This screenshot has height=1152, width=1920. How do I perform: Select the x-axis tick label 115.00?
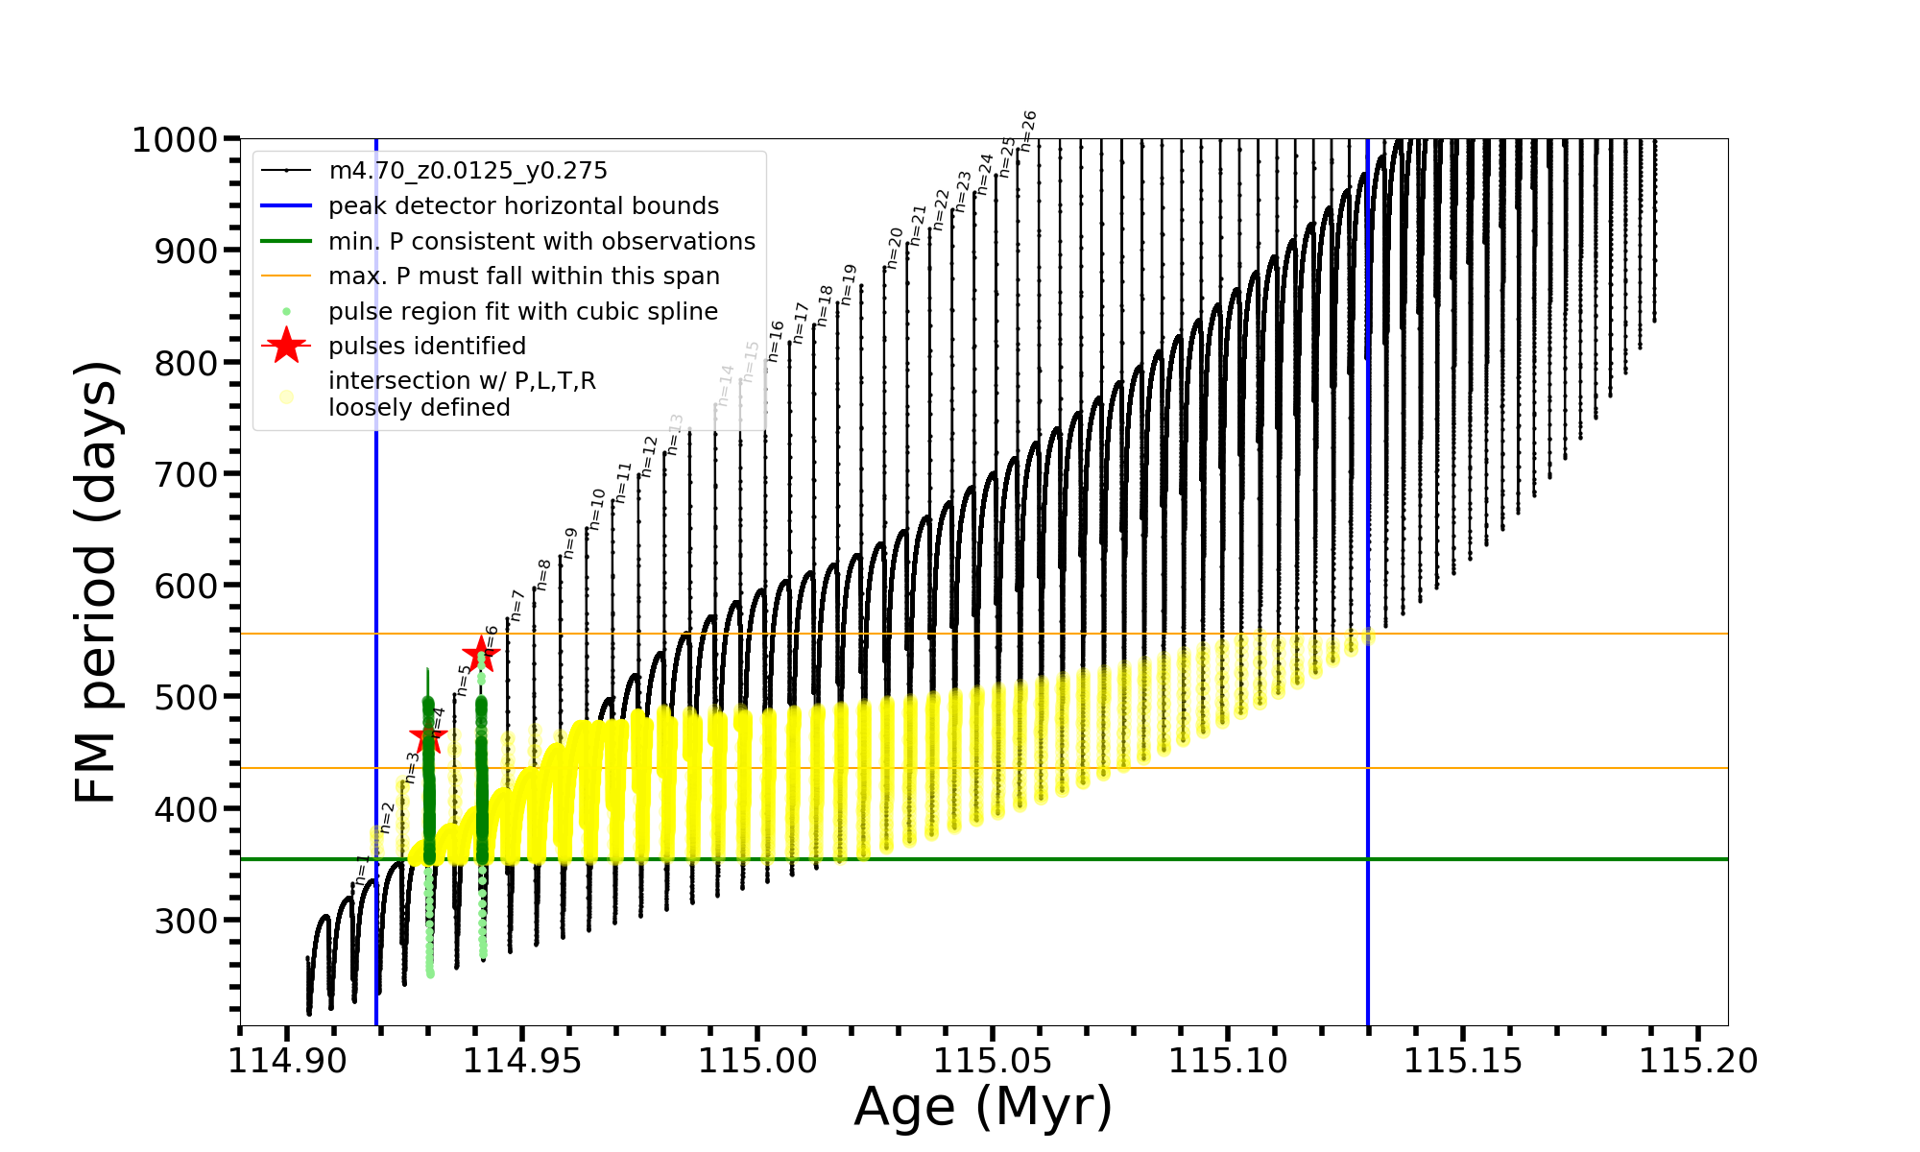(x=757, y=1061)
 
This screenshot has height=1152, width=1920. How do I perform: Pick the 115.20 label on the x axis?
(x=1698, y=1061)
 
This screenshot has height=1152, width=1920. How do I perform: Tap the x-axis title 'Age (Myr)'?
(x=983, y=1107)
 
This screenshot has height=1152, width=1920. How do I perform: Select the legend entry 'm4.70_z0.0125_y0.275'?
(x=468, y=171)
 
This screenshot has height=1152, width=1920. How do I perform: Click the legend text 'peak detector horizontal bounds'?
(x=523, y=206)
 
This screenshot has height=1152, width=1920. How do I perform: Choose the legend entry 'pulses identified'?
(x=427, y=347)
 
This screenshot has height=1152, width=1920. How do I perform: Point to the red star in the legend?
(x=286, y=346)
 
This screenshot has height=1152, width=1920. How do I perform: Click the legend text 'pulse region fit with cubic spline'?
(x=523, y=312)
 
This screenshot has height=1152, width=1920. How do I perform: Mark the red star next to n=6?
(x=481, y=656)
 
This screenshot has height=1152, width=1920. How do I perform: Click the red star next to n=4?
(x=428, y=736)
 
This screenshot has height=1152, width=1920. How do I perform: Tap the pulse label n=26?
(x=1028, y=131)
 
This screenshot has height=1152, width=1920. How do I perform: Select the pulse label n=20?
(x=894, y=248)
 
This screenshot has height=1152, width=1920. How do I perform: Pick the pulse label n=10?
(x=597, y=509)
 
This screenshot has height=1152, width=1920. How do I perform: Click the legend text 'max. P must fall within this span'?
(x=523, y=276)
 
